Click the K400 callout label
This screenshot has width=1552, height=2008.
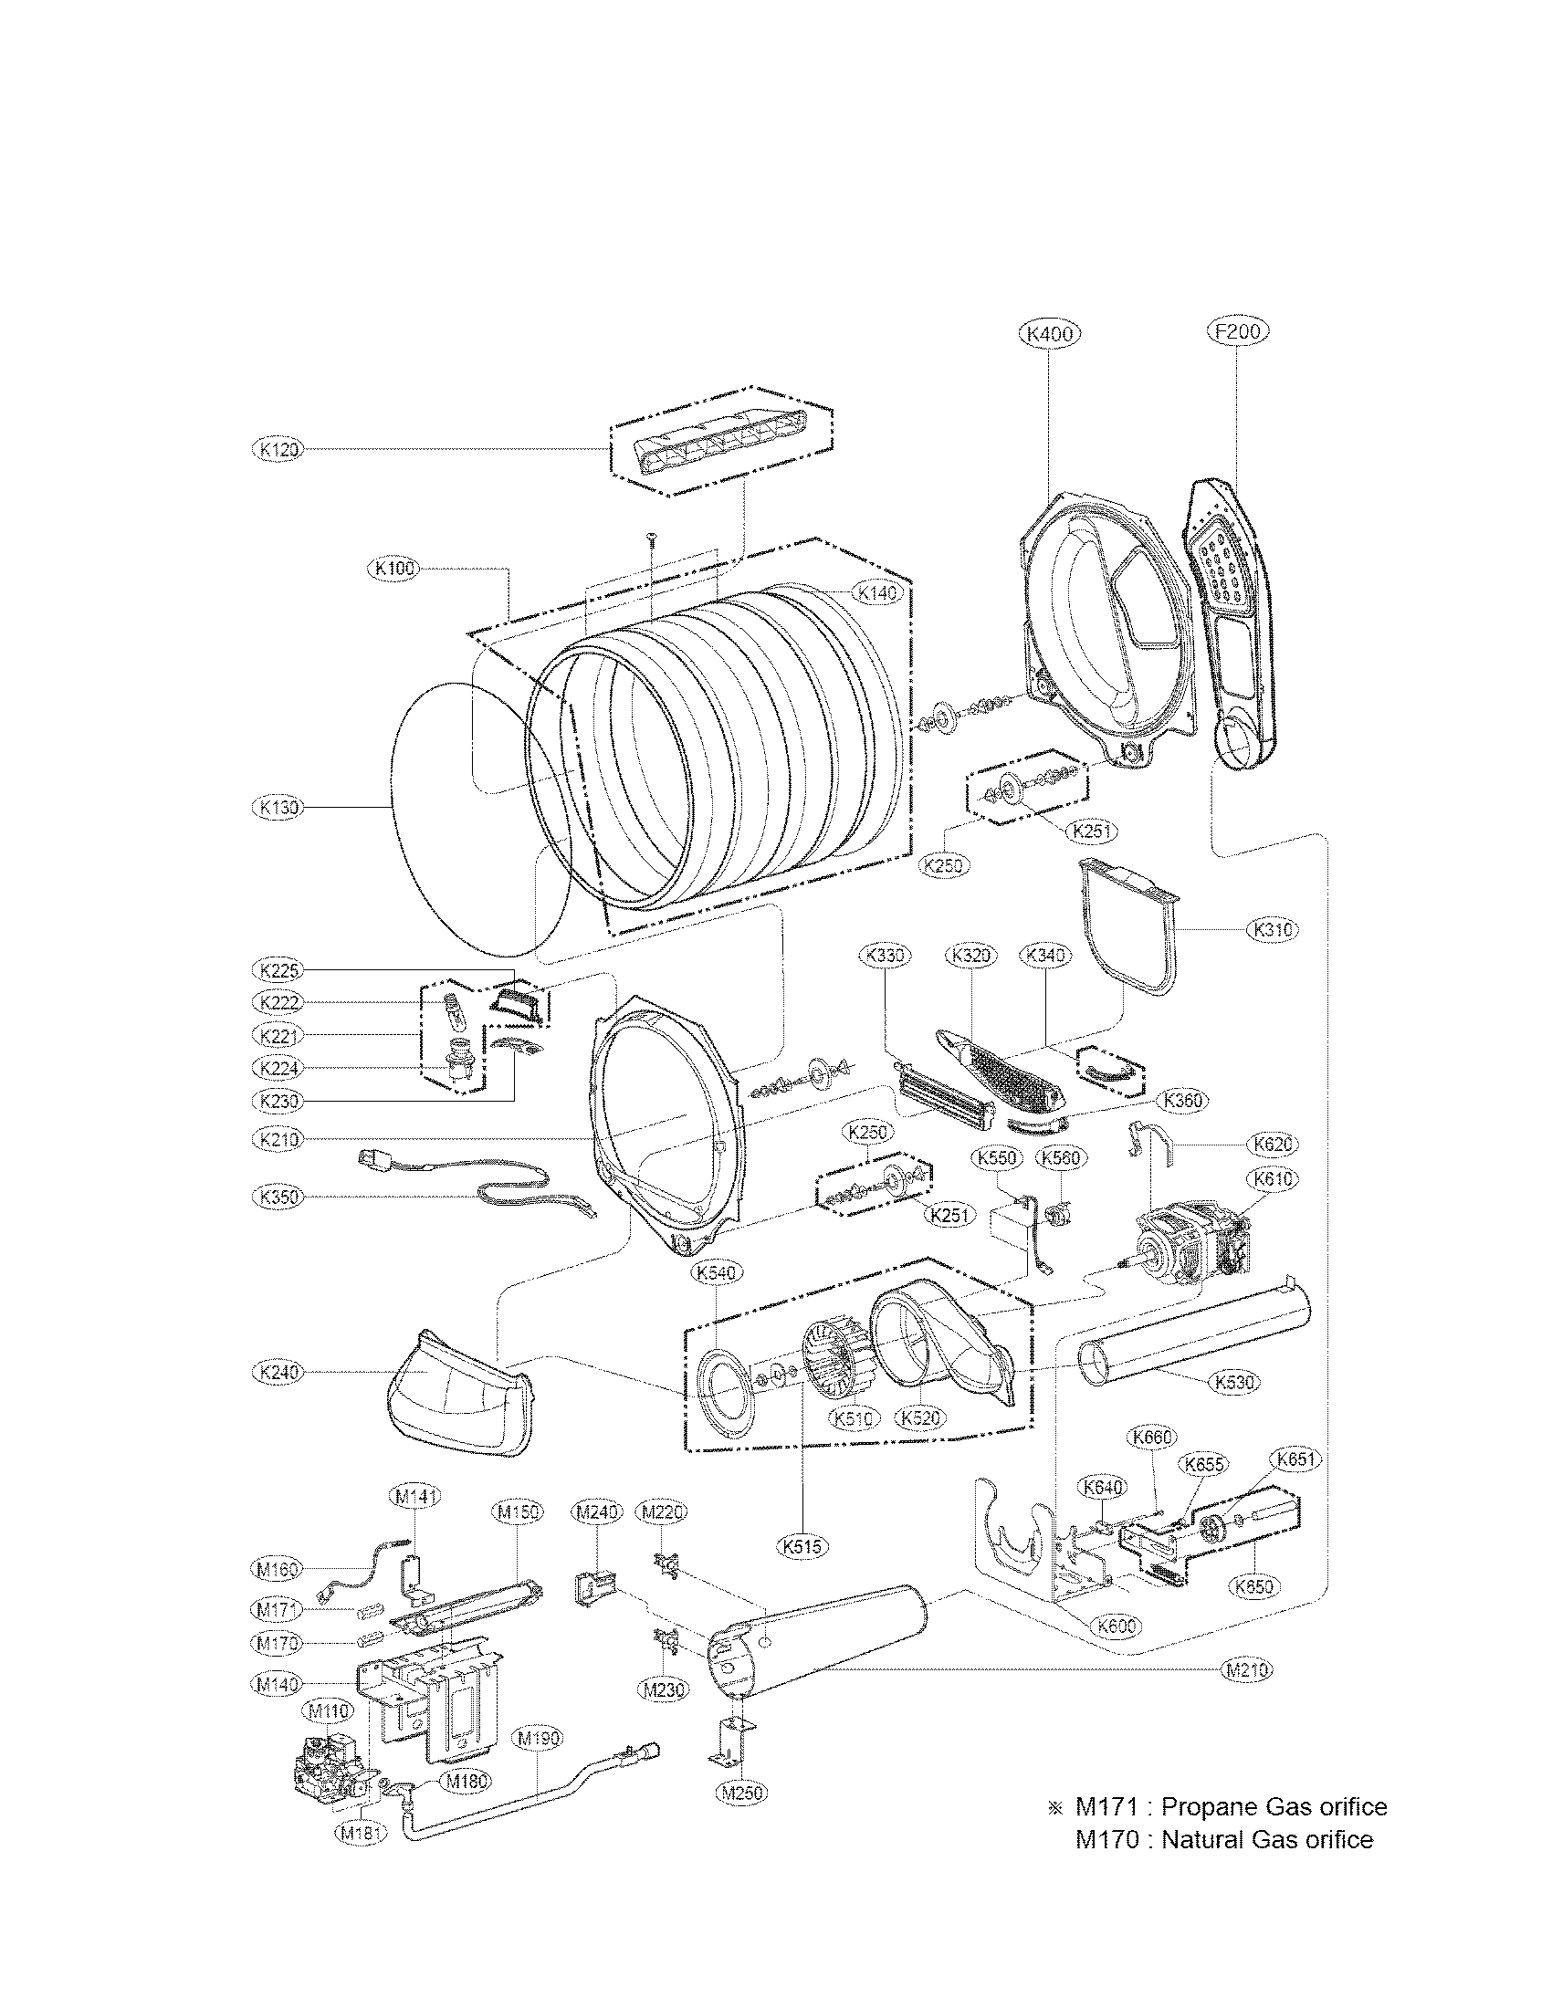tap(1049, 335)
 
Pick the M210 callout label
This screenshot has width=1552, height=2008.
tap(1247, 1670)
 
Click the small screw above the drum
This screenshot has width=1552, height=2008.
tap(651, 538)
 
